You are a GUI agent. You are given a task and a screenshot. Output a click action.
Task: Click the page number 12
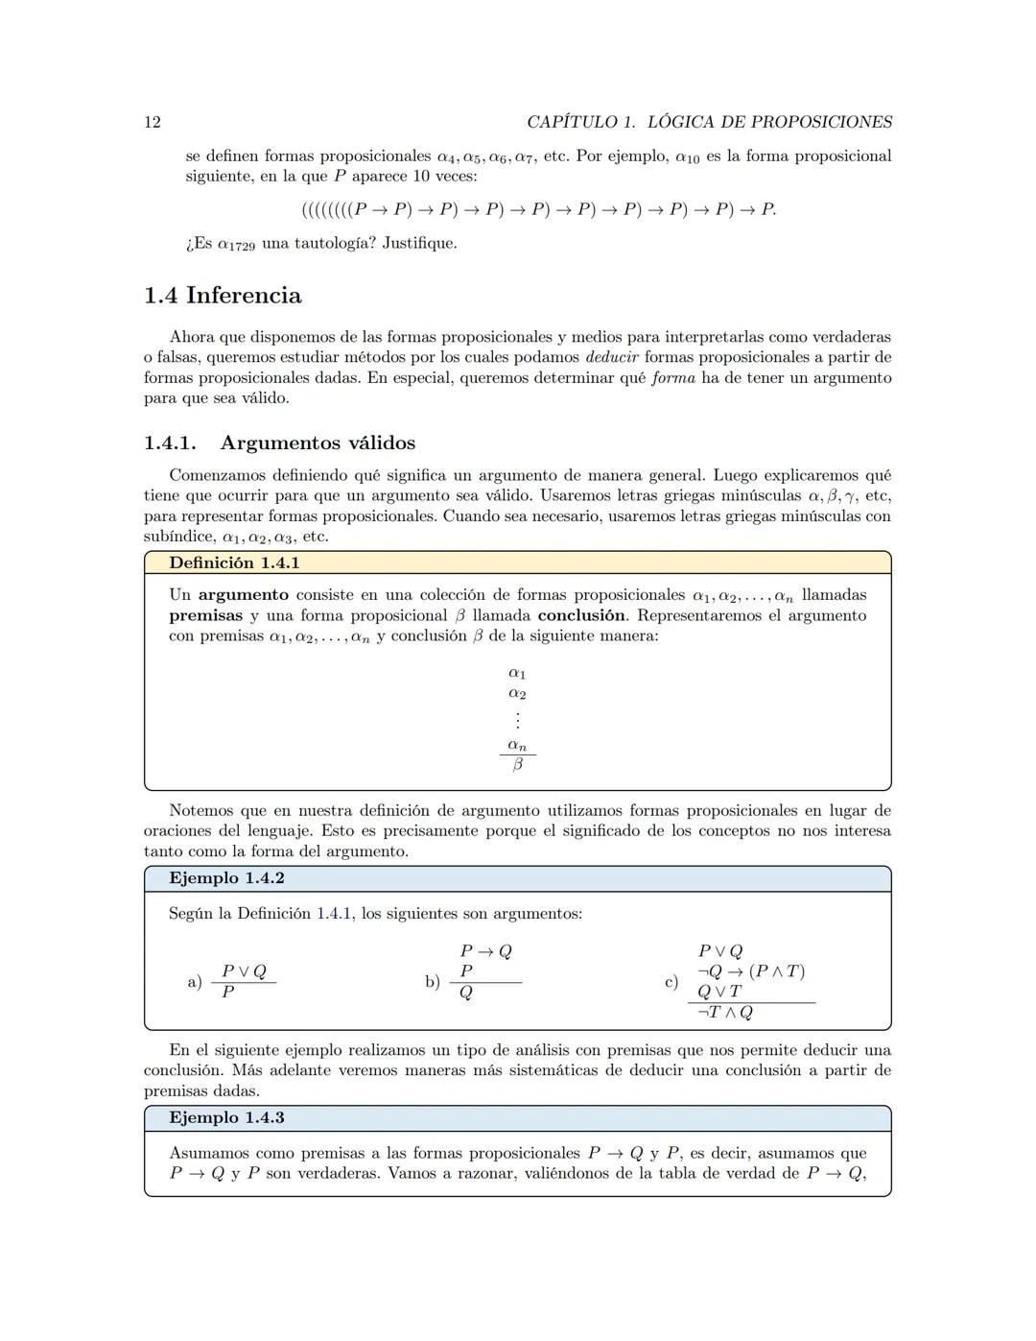[152, 122]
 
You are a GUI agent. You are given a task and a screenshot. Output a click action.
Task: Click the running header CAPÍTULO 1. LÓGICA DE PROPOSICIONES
[709, 122]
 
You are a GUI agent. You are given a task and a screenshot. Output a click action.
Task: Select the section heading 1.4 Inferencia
[223, 296]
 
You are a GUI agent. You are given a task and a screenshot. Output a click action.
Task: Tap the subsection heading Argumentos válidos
[318, 443]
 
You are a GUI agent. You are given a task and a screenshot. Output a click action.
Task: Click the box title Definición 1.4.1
[234, 563]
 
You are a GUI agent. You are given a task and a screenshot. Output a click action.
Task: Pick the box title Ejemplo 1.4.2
[226, 878]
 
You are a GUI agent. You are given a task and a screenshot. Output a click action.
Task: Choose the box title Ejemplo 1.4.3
[226, 1117]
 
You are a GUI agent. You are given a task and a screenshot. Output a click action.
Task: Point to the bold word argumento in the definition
[243, 595]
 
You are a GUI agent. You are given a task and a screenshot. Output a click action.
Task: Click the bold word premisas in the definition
[205, 615]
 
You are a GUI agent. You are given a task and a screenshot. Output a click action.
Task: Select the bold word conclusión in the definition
[581, 615]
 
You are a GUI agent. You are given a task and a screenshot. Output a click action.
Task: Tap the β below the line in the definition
[517, 765]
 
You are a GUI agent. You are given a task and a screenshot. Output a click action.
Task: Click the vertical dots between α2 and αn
[517, 719]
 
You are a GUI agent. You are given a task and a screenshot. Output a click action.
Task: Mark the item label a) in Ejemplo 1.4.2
[195, 982]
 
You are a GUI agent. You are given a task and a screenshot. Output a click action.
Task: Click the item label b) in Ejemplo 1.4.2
[433, 982]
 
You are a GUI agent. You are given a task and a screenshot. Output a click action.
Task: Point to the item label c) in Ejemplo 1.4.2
[671, 982]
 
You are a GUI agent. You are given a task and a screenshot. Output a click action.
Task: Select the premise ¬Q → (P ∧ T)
[750, 971]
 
